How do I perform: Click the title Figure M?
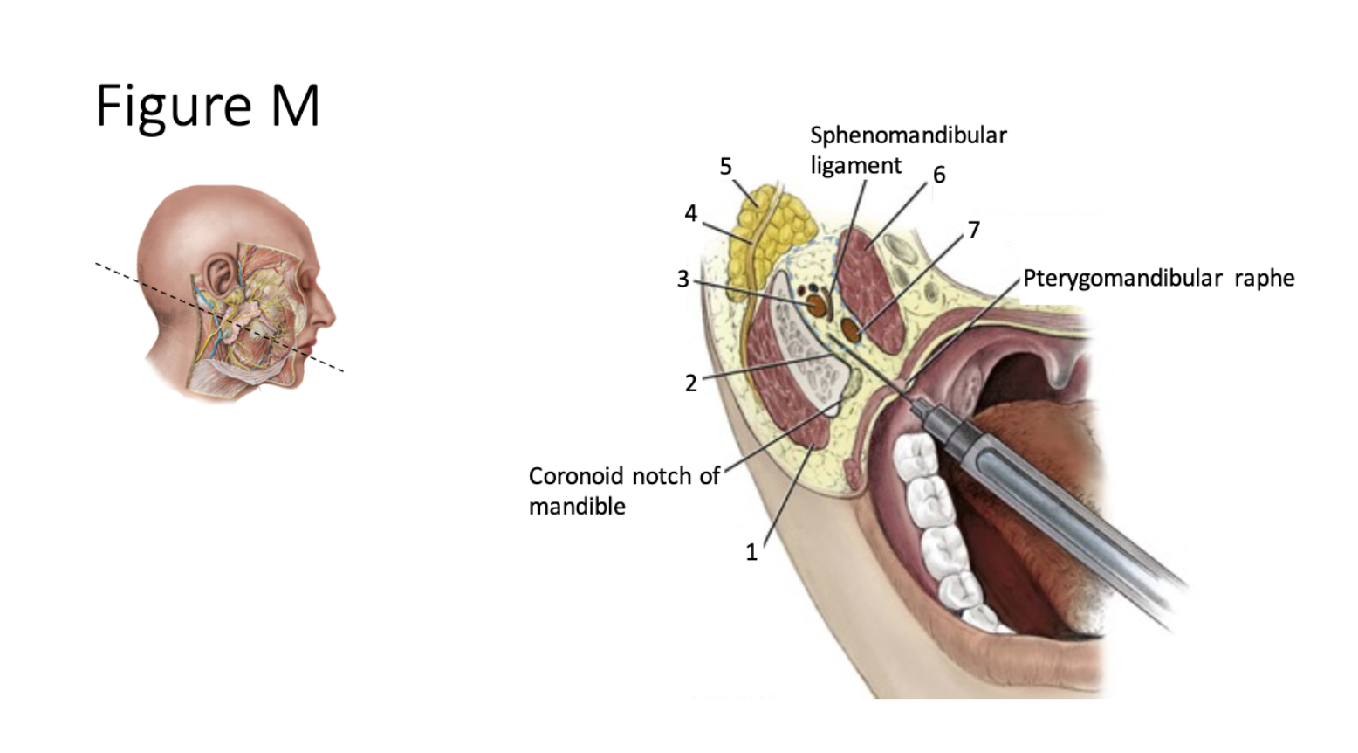pos(208,106)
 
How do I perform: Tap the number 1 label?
pos(751,552)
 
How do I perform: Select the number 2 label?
pos(690,383)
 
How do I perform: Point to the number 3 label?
pos(682,279)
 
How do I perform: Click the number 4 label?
pos(690,213)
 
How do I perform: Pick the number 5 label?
pos(725,166)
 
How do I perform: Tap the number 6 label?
pos(939,175)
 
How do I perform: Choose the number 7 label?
pos(974,230)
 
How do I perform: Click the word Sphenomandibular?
pos(908,135)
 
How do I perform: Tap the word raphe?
pos(1264,279)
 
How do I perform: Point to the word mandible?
pos(577,507)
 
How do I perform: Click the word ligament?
pos(855,166)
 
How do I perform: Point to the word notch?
pos(662,476)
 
